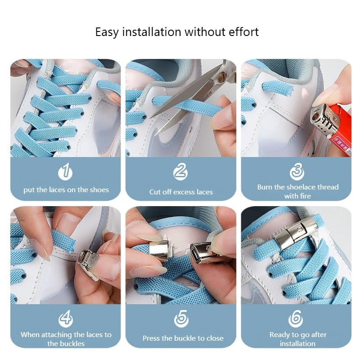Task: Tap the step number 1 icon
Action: tap(66, 172)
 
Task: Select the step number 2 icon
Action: tap(180, 172)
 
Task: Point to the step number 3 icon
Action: tap(297, 172)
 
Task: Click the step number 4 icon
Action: tap(66, 319)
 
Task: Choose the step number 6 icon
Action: tap(296, 319)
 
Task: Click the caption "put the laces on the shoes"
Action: tap(66, 190)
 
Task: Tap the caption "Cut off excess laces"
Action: tap(181, 192)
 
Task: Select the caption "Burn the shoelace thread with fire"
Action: tap(297, 191)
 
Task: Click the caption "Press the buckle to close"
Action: tap(183, 338)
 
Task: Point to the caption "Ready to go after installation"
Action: tap(297, 339)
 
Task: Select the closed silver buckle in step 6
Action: tap(297, 232)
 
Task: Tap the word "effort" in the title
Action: tap(243, 32)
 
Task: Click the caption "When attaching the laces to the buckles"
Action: tap(66, 339)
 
